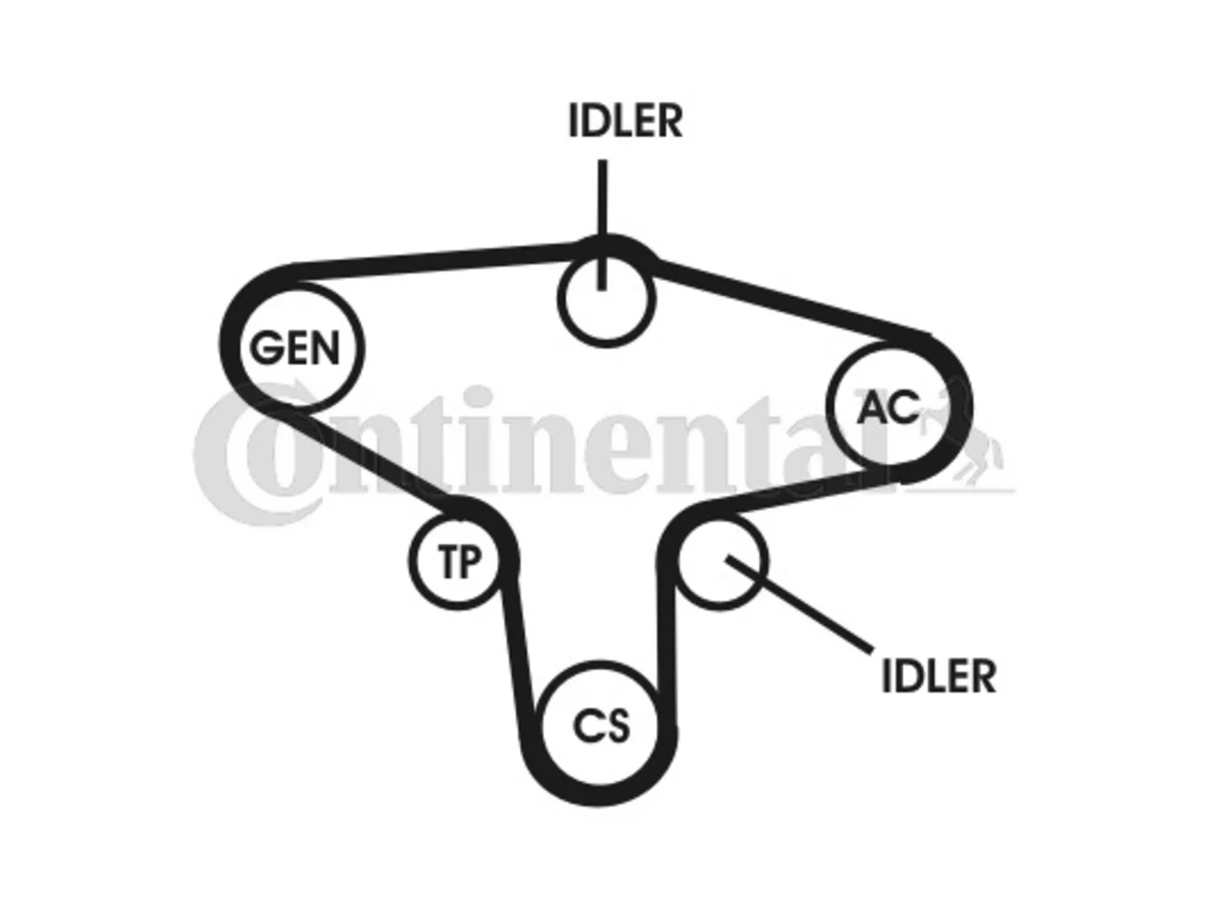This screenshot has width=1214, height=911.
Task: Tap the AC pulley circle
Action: [830, 404]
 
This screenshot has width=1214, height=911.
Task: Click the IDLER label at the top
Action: [626, 121]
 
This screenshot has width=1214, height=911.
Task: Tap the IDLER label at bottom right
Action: [939, 676]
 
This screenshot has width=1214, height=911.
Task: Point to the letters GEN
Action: [294, 347]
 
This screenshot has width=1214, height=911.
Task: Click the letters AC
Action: [888, 407]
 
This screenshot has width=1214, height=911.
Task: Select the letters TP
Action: [460, 561]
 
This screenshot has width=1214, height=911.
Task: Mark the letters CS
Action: [601, 726]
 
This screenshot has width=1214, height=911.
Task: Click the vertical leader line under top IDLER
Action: [601, 225]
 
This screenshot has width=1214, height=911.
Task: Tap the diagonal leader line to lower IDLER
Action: [800, 604]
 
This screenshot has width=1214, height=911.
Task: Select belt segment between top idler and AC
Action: [791, 299]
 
